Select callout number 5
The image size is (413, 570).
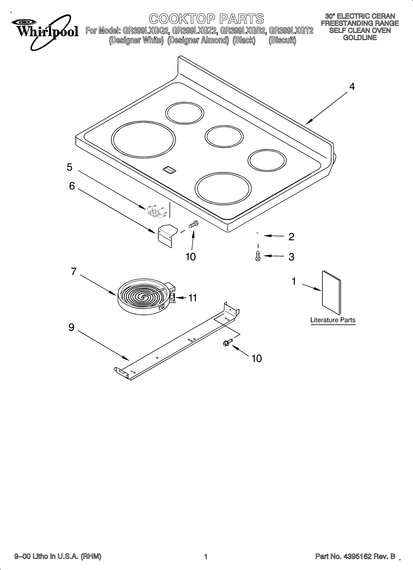click(69, 167)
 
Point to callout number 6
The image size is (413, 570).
click(72, 186)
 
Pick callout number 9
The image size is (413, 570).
click(71, 327)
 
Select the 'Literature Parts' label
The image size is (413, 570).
click(333, 320)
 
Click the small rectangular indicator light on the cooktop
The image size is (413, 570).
click(169, 170)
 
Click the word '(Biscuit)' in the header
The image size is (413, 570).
click(282, 40)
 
